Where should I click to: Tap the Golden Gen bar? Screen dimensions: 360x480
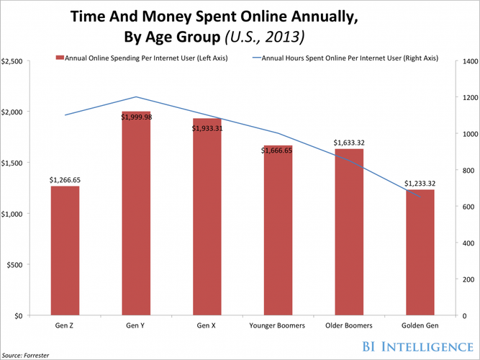[420, 252]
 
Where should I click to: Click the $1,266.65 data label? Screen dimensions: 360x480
[64, 180]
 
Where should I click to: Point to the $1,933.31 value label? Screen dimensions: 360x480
[207, 128]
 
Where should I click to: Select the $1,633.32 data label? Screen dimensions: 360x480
[349, 143]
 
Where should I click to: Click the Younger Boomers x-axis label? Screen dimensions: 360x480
[278, 325]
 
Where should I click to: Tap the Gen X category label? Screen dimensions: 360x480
[207, 325]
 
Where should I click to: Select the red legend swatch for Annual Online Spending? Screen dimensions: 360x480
[59, 58]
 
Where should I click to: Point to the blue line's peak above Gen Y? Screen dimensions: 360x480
[136, 96]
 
